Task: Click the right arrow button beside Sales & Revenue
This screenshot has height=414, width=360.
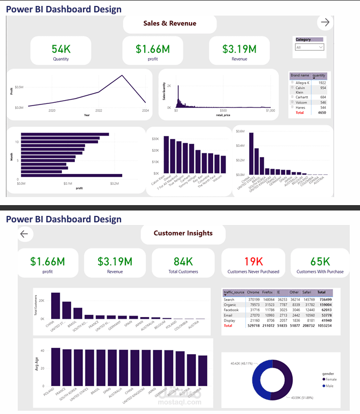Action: pos(324,23)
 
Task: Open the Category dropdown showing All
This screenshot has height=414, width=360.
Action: pos(309,47)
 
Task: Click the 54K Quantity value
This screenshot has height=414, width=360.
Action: pos(61,49)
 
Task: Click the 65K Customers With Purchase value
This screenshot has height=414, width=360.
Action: pos(320,262)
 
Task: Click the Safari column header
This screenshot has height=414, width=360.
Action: pos(308,292)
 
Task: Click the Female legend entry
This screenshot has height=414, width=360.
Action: pos(330,380)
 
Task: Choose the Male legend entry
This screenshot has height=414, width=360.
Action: pos(328,386)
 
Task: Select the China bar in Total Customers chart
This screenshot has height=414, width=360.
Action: pos(55,307)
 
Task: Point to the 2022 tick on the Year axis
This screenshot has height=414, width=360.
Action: pos(98,110)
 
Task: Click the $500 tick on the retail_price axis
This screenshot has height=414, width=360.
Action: pos(224,110)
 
